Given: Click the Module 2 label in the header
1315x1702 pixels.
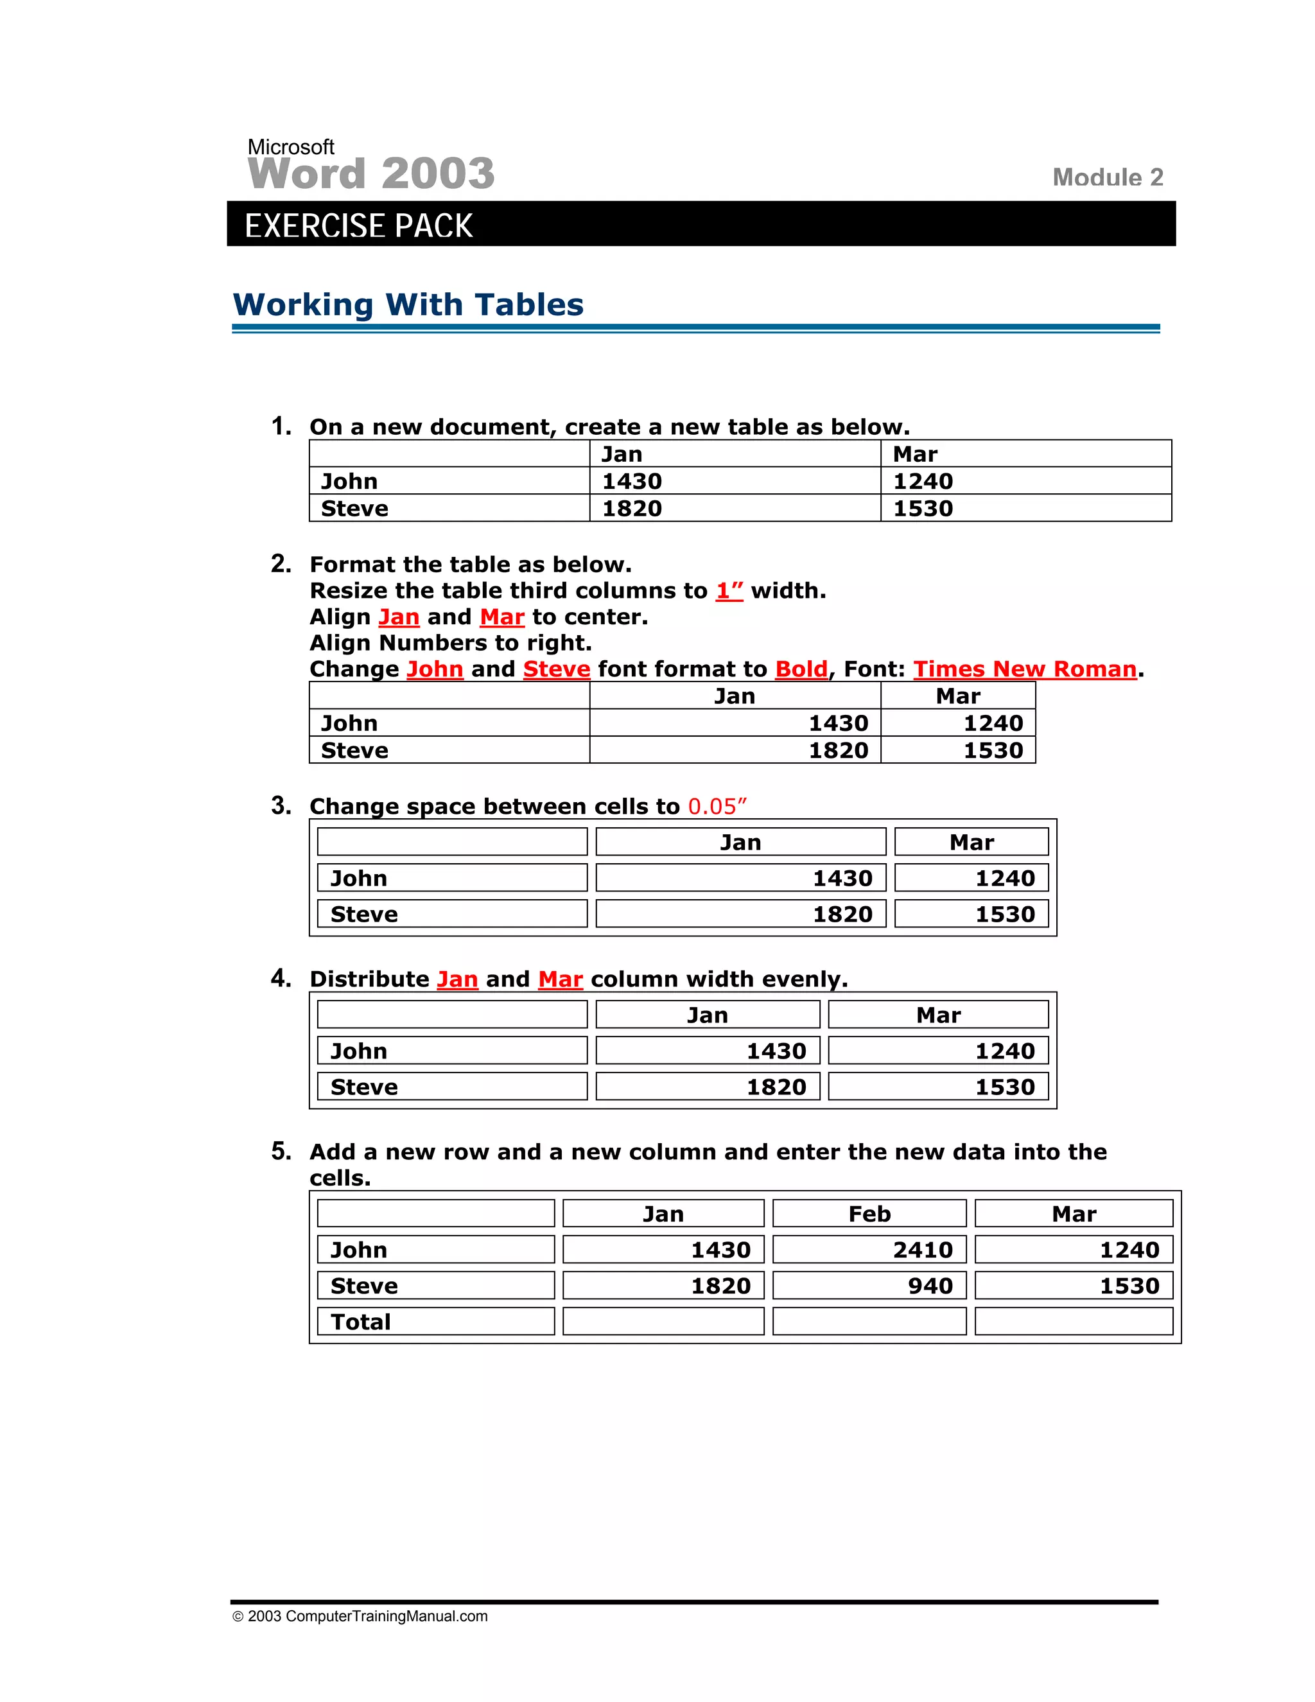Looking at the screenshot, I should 1107,178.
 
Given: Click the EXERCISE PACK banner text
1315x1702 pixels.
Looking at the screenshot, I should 358,226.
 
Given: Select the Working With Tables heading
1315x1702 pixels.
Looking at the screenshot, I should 408,304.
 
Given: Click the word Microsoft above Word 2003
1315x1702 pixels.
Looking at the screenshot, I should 291,146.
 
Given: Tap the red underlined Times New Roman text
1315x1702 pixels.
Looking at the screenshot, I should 1024,669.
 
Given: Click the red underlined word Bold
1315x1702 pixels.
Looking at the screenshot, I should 801,669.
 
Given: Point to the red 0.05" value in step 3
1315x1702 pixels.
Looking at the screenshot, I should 717,807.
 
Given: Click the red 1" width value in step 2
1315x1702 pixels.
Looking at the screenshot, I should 729,591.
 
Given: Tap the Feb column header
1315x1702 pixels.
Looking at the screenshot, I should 869,1214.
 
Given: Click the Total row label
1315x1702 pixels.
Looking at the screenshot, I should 361,1322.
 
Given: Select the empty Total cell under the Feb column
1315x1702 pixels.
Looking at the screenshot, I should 869,1322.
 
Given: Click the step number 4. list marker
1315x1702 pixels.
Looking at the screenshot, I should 281,978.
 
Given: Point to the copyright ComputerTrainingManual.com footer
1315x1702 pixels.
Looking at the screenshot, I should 360,1617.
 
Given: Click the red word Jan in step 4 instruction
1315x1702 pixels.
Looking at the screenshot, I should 457,979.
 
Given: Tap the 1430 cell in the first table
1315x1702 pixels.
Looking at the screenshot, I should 632,482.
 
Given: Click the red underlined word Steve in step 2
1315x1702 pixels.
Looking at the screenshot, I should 556,669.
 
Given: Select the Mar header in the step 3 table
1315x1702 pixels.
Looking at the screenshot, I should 971,843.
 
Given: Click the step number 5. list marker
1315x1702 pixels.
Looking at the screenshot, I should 281,1151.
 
